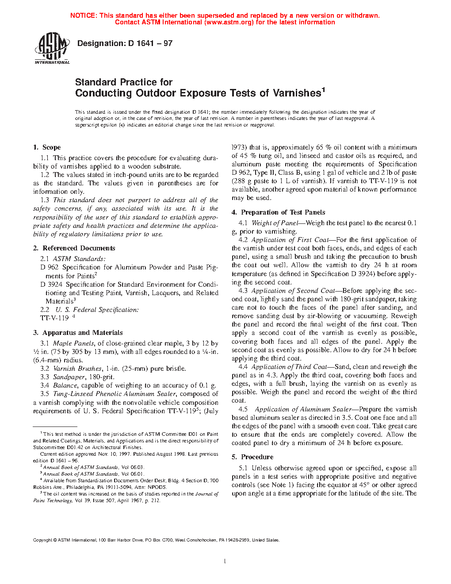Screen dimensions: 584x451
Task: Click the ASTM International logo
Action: [x=52, y=49]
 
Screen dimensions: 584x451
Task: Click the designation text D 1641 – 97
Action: [x=125, y=43]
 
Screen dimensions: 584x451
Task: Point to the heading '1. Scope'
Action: [x=47, y=147]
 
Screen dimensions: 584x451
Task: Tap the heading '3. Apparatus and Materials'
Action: [x=78, y=333]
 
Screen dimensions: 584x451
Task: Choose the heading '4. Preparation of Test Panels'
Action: [x=278, y=212]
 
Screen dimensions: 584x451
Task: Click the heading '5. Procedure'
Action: [x=252, y=457]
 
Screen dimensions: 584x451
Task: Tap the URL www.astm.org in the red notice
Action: [x=230, y=22]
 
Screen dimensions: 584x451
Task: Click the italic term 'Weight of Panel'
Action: [x=275, y=223]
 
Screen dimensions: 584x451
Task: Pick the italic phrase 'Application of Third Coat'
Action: [x=289, y=367]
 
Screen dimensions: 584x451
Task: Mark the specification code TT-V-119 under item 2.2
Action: [x=54, y=318]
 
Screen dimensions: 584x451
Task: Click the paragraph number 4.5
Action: [x=243, y=409]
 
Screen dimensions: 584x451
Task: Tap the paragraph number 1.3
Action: [x=45, y=200]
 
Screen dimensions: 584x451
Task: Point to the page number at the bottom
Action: [x=225, y=561]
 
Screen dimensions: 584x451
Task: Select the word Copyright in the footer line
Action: [x=43, y=540]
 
